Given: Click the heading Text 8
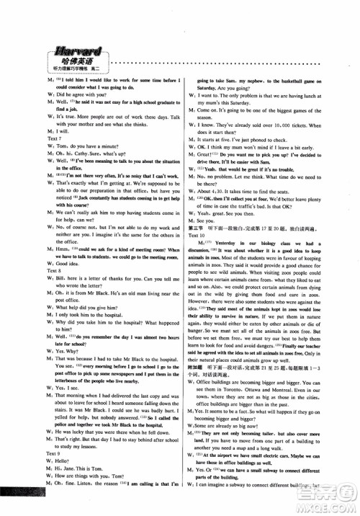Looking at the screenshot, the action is (30, 277).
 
